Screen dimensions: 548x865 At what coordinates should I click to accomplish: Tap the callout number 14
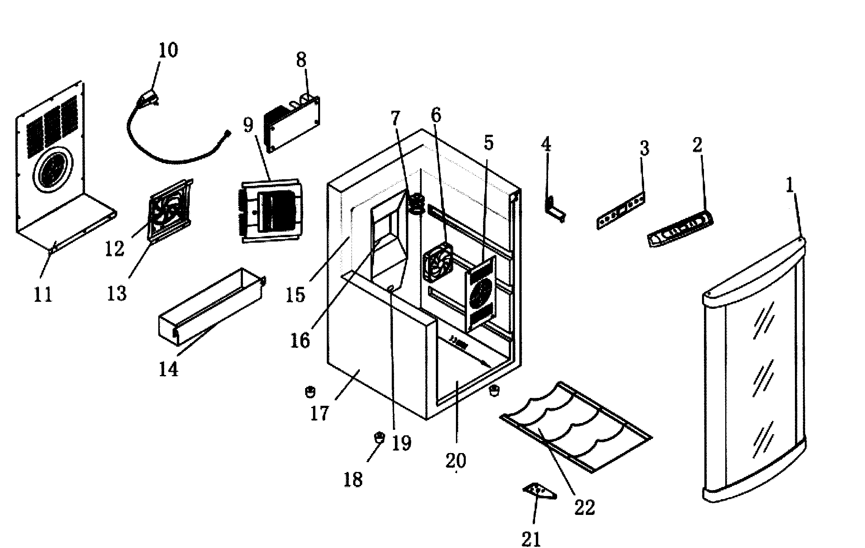[x=169, y=369]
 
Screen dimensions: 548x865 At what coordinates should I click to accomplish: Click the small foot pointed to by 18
[x=379, y=437]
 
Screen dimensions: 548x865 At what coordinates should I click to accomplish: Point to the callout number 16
[x=300, y=341]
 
